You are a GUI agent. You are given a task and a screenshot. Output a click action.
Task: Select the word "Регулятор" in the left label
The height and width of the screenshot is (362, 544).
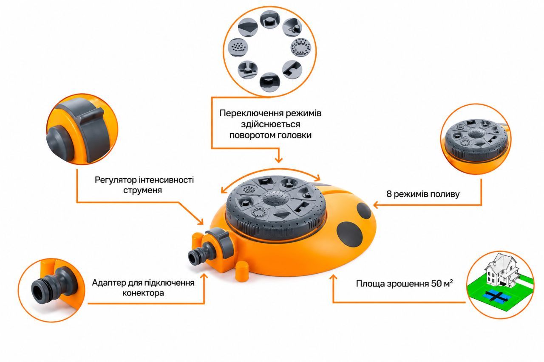116,180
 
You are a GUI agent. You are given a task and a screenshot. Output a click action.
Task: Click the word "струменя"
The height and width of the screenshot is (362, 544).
142,190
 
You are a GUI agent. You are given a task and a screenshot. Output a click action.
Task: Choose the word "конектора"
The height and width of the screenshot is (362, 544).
143,293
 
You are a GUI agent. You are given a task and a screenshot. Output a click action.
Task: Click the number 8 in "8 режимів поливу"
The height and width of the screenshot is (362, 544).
389,194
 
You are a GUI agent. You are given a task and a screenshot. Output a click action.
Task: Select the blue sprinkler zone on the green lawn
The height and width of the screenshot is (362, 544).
494,296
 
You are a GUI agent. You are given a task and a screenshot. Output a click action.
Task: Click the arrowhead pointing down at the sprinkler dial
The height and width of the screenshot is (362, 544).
278,160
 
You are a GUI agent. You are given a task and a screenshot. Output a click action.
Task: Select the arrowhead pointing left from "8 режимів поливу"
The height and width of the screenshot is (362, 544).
375,205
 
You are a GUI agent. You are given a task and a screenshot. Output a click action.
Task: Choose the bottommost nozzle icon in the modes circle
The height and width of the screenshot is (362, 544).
269,82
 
